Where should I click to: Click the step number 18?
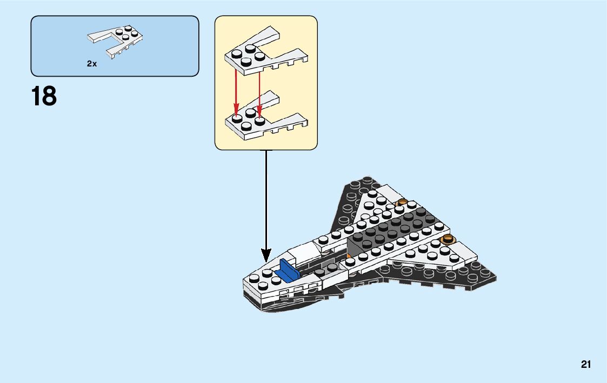tap(44, 96)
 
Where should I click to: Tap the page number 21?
tap(586, 365)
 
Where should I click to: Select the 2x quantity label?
tap(91, 64)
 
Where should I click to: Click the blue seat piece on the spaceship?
tap(289, 271)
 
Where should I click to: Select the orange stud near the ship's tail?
tap(402, 203)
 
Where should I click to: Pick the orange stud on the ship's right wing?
tap(446, 239)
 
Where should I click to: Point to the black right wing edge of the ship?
tap(476, 273)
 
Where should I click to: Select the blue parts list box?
tap(115, 46)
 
